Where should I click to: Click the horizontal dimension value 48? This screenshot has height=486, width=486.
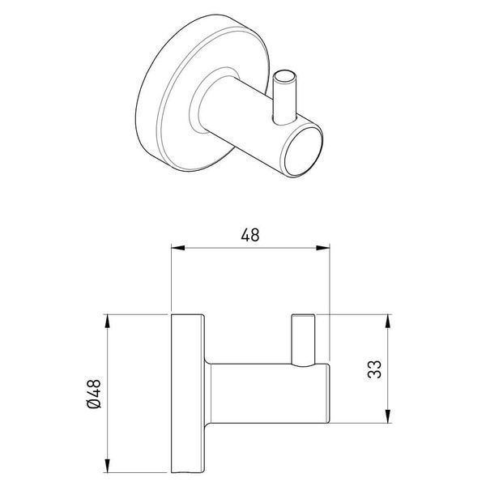point(249,235)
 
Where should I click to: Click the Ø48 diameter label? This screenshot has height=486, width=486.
point(95,394)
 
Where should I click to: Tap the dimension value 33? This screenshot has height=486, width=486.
point(374,369)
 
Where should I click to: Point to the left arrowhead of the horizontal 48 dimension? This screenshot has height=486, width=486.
point(178,248)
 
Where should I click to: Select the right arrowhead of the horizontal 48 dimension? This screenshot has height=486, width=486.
point(322,248)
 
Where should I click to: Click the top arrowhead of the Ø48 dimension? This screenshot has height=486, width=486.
point(107,322)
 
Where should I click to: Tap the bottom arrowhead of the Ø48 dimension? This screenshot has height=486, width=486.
point(107,466)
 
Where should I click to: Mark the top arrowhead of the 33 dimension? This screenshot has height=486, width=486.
point(388,322)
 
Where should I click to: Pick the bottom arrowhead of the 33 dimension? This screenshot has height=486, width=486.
point(388,416)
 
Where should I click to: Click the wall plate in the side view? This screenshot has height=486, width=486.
point(188,394)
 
